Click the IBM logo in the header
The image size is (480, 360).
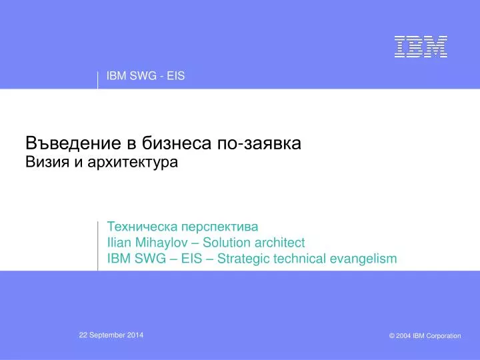(421, 47)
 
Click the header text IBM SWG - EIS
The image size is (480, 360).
(146, 76)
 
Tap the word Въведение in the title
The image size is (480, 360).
(73, 143)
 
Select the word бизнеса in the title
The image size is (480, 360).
(176, 143)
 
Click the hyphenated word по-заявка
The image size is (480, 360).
(259, 143)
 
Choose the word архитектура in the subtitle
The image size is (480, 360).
(133, 163)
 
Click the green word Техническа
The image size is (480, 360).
(143, 227)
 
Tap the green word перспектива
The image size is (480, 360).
(220, 227)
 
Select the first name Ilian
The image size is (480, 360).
(119, 243)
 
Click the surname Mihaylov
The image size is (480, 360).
(161, 243)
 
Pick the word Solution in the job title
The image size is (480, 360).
(226, 243)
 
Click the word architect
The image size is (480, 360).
(279, 243)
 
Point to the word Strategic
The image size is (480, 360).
(243, 259)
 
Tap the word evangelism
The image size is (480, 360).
(363, 259)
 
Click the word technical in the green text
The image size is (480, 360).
(299, 259)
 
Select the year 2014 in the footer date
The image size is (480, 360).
(135, 335)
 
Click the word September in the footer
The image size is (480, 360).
(107, 335)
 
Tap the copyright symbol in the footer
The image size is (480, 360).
(392, 336)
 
